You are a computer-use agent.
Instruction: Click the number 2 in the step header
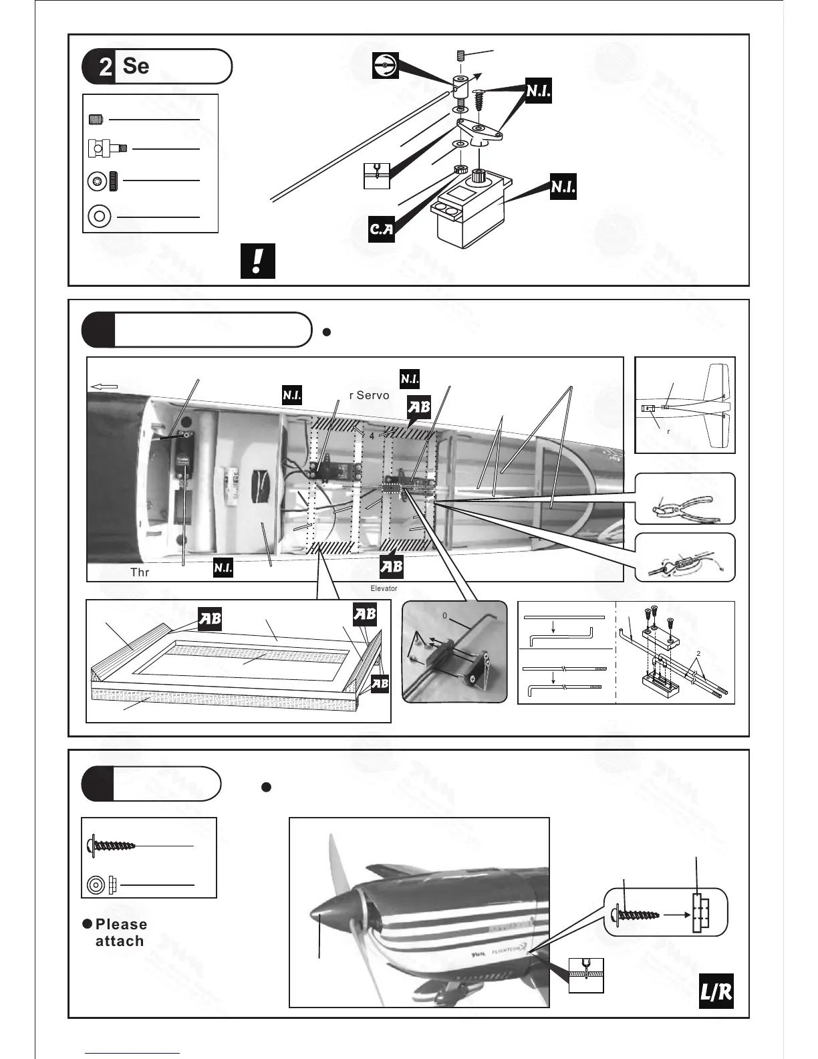tap(105, 68)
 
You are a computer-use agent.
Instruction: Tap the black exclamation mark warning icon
tap(258, 261)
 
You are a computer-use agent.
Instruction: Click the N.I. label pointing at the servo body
tap(563, 188)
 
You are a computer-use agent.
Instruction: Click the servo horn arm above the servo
tap(481, 130)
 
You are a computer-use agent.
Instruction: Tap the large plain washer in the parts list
tap(100, 217)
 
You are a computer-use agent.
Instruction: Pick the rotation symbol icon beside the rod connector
tap(386, 65)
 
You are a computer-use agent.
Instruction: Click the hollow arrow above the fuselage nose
tap(104, 386)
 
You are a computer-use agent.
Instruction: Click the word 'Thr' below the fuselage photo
tap(140, 573)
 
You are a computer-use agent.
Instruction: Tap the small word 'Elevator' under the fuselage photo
tap(384, 588)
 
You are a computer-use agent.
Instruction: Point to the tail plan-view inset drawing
tap(684, 405)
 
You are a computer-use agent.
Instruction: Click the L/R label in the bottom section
tap(715, 993)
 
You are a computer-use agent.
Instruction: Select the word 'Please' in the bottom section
tap(121, 924)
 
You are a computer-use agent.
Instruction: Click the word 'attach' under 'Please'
tap(120, 941)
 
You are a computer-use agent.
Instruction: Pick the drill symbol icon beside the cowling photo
tap(586, 975)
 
